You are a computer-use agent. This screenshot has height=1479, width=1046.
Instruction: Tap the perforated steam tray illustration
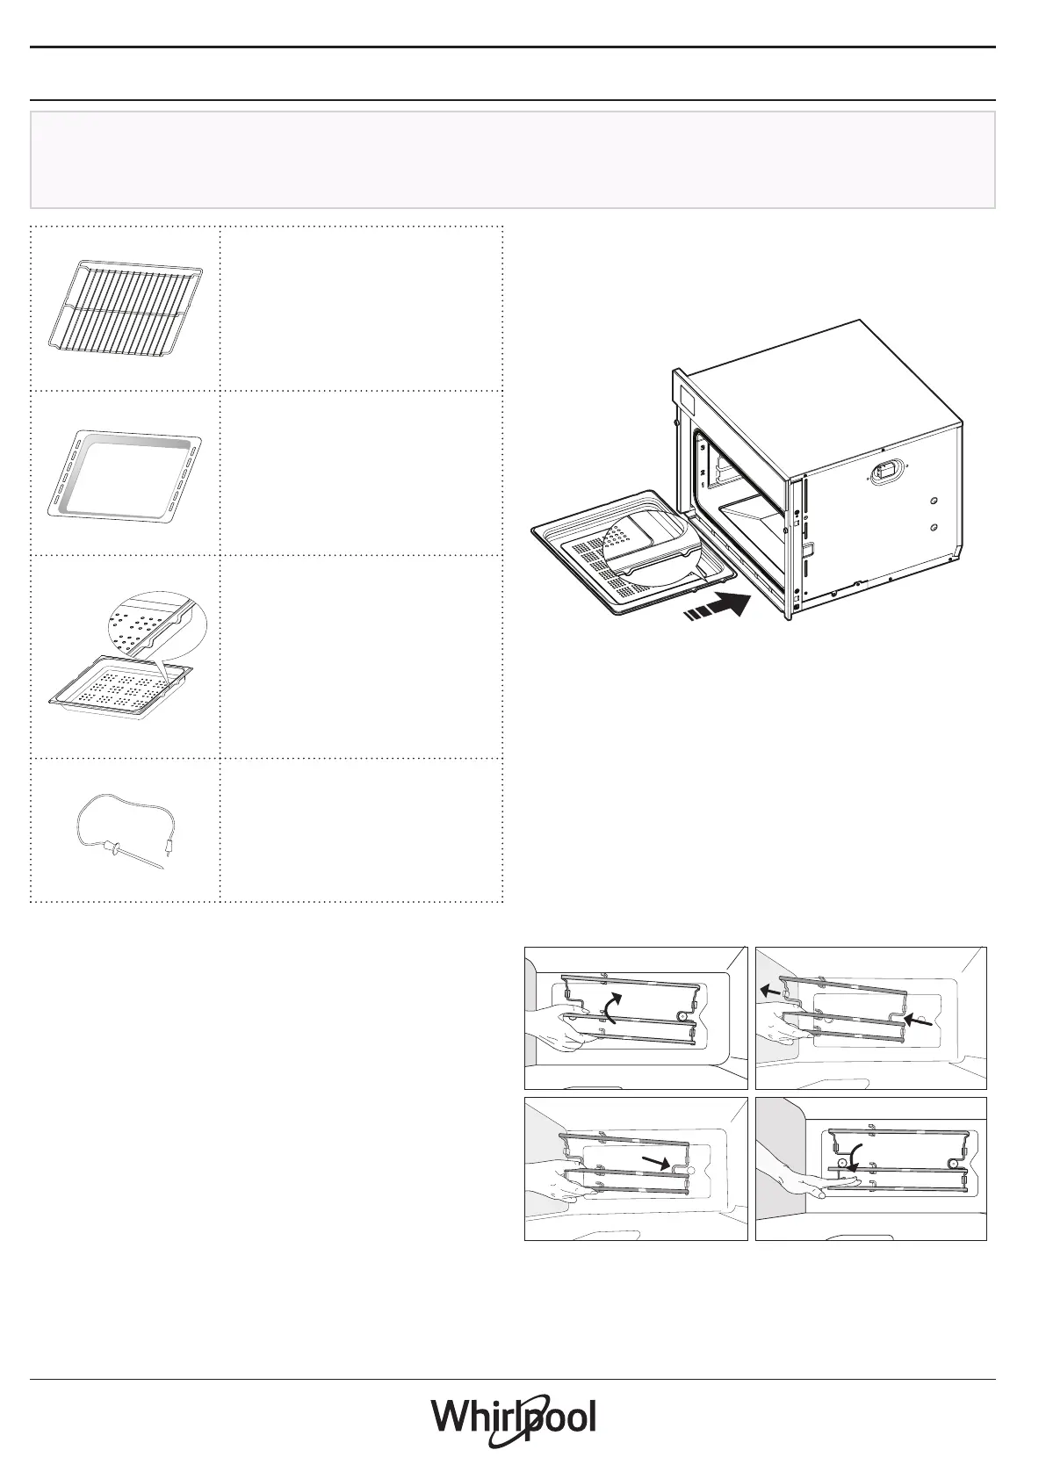(121, 688)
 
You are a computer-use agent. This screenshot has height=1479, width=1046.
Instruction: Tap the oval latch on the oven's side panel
(887, 472)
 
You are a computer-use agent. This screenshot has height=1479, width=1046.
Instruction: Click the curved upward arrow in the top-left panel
(611, 1007)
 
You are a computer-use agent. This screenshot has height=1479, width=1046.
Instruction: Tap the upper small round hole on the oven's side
(934, 501)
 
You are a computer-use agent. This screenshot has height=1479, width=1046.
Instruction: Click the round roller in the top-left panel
(681, 1014)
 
